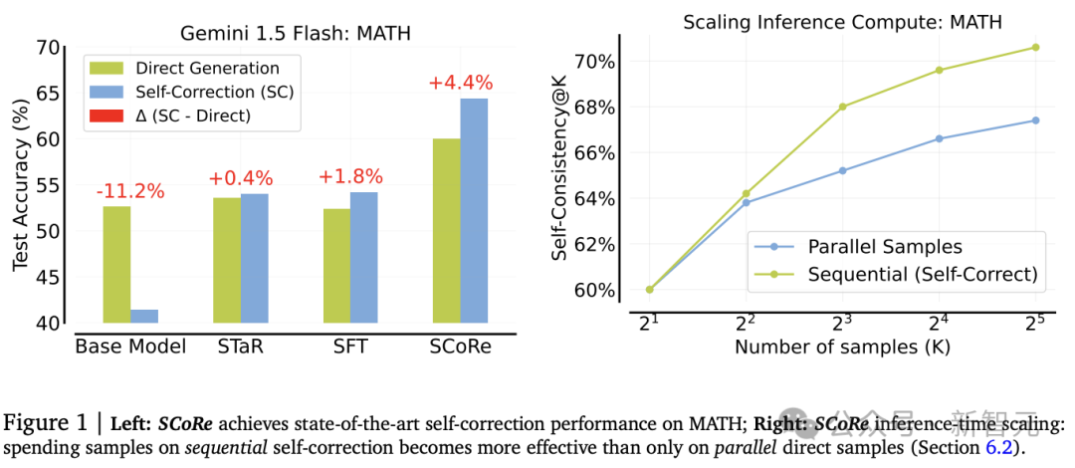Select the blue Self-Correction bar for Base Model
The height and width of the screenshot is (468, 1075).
pos(144,317)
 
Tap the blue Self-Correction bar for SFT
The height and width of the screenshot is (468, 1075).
pos(364,258)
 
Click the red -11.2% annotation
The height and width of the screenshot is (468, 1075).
pos(131,191)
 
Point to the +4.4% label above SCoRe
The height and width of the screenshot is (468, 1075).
pos(461,84)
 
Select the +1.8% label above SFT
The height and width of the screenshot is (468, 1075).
pos(350,177)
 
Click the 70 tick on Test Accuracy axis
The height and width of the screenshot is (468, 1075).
pos(48,48)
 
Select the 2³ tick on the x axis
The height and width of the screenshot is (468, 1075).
pos(842,322)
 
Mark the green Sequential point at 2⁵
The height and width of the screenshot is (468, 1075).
pos(1035,47)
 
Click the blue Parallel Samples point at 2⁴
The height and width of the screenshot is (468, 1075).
pos(940,138)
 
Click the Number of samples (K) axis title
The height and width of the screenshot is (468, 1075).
pos(841,348)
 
